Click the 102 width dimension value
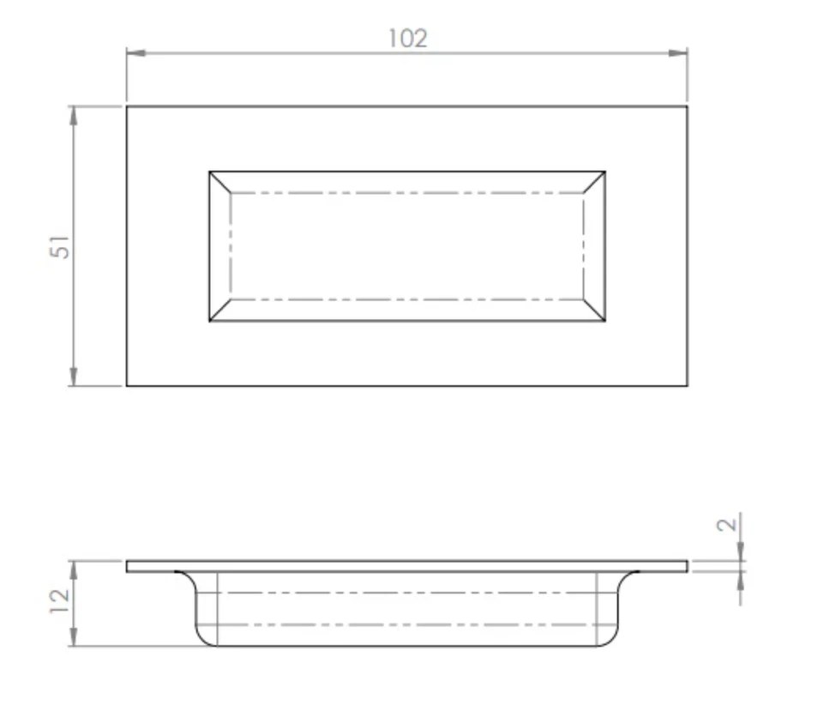point(407,39)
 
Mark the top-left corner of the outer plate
point(127,106)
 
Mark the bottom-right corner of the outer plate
point(688,386)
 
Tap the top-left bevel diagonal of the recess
point(220,182)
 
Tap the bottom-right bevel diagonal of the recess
point(594,310)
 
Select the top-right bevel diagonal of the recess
point(594,182)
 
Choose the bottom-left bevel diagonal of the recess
point(220,310)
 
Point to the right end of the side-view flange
point(686,566)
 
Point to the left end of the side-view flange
point(129,566)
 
